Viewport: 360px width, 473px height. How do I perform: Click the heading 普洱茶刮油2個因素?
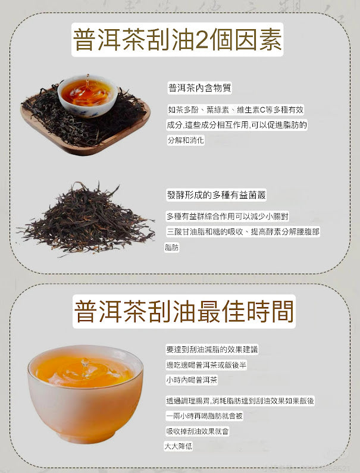(177, 40)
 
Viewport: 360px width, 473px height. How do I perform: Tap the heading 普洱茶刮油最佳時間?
(184, 311)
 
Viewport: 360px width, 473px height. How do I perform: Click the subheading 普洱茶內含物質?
(199, 88)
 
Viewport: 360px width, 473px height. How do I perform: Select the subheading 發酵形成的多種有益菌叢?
(215, 195)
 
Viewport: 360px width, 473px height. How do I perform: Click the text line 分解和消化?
(186, 140)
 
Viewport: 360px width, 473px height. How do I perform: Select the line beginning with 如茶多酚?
(236, 110)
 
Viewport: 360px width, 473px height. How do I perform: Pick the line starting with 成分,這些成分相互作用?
(237, 125)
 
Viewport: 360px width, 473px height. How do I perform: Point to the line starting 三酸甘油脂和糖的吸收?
(242, 232)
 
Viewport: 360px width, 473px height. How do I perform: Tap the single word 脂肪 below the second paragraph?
(172, 248)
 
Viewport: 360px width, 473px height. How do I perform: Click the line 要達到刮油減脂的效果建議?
(212, 349)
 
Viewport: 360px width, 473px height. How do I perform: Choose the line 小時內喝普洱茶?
(192, 380)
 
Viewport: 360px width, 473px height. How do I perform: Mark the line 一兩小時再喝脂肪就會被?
(204, 416)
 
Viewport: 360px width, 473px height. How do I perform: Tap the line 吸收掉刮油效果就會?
(197, 431)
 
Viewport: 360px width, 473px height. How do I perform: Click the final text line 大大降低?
(179, 446)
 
